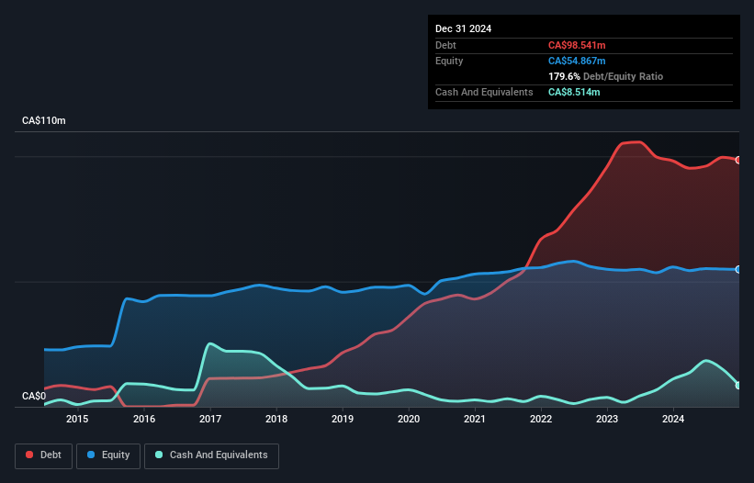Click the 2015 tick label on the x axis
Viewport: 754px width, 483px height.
pos(77,420)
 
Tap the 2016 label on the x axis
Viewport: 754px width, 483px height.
pos(143,420)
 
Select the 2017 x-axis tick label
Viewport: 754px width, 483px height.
pos(210,420)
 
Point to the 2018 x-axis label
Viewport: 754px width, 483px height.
pos(276,420)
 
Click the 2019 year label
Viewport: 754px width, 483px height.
pos(342,420)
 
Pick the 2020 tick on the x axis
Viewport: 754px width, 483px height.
pos(409,420)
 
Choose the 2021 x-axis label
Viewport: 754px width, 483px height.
pos(475,420)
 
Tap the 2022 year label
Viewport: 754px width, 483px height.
pos(541,420)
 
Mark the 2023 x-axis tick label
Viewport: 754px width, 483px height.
pos(607,420)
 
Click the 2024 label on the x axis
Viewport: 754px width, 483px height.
pos(673,420)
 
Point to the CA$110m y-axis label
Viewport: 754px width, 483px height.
pos(44,121)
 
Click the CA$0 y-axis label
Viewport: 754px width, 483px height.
pos(34,397)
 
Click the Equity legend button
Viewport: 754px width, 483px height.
pos(108,455)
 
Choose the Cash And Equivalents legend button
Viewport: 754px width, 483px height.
pos(211,455)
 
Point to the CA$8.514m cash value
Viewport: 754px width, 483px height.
pos(574,93)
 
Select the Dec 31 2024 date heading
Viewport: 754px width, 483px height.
pos(464,28)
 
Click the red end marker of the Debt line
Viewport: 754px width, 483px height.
pos(738,160)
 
